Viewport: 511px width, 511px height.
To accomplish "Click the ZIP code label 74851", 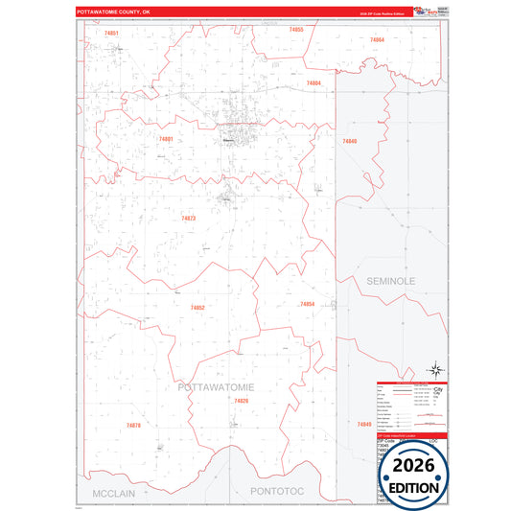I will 112,33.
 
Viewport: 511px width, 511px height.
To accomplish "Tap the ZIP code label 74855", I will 296,30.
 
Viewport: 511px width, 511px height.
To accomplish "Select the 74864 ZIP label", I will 377,40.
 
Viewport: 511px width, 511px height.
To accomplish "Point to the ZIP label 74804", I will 314,83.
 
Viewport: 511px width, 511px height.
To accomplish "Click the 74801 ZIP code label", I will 166,139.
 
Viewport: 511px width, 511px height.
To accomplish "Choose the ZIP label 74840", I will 349,141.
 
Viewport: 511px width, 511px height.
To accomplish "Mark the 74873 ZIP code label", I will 188,219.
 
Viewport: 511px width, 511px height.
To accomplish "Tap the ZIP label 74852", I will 197,307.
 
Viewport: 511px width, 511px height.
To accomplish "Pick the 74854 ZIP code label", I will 307,304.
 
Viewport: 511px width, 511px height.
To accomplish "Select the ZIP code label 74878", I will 133,425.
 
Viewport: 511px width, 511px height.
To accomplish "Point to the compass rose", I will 434,370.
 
